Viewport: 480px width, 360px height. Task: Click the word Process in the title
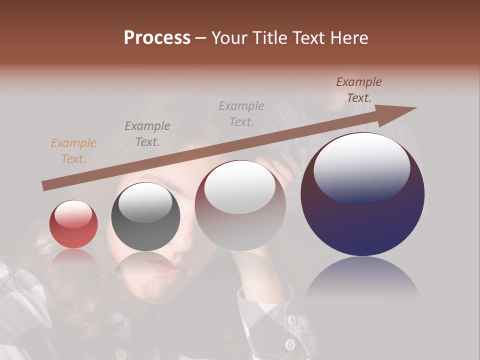tap(157, 38)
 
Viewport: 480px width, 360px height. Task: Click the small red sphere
tap(73, 224)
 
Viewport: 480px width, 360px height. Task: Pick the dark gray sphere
tap(145, 217)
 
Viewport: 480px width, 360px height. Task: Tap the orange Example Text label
tap(73, 151)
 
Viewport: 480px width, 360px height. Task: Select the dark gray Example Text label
tap(147, 134)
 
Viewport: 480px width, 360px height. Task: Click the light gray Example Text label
tap(241, 113)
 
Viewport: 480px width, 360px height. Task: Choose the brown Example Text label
tap(359, 90)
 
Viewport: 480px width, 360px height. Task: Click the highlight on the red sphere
tap(73, 214)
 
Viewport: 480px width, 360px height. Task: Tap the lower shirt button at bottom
tap(290, 344)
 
